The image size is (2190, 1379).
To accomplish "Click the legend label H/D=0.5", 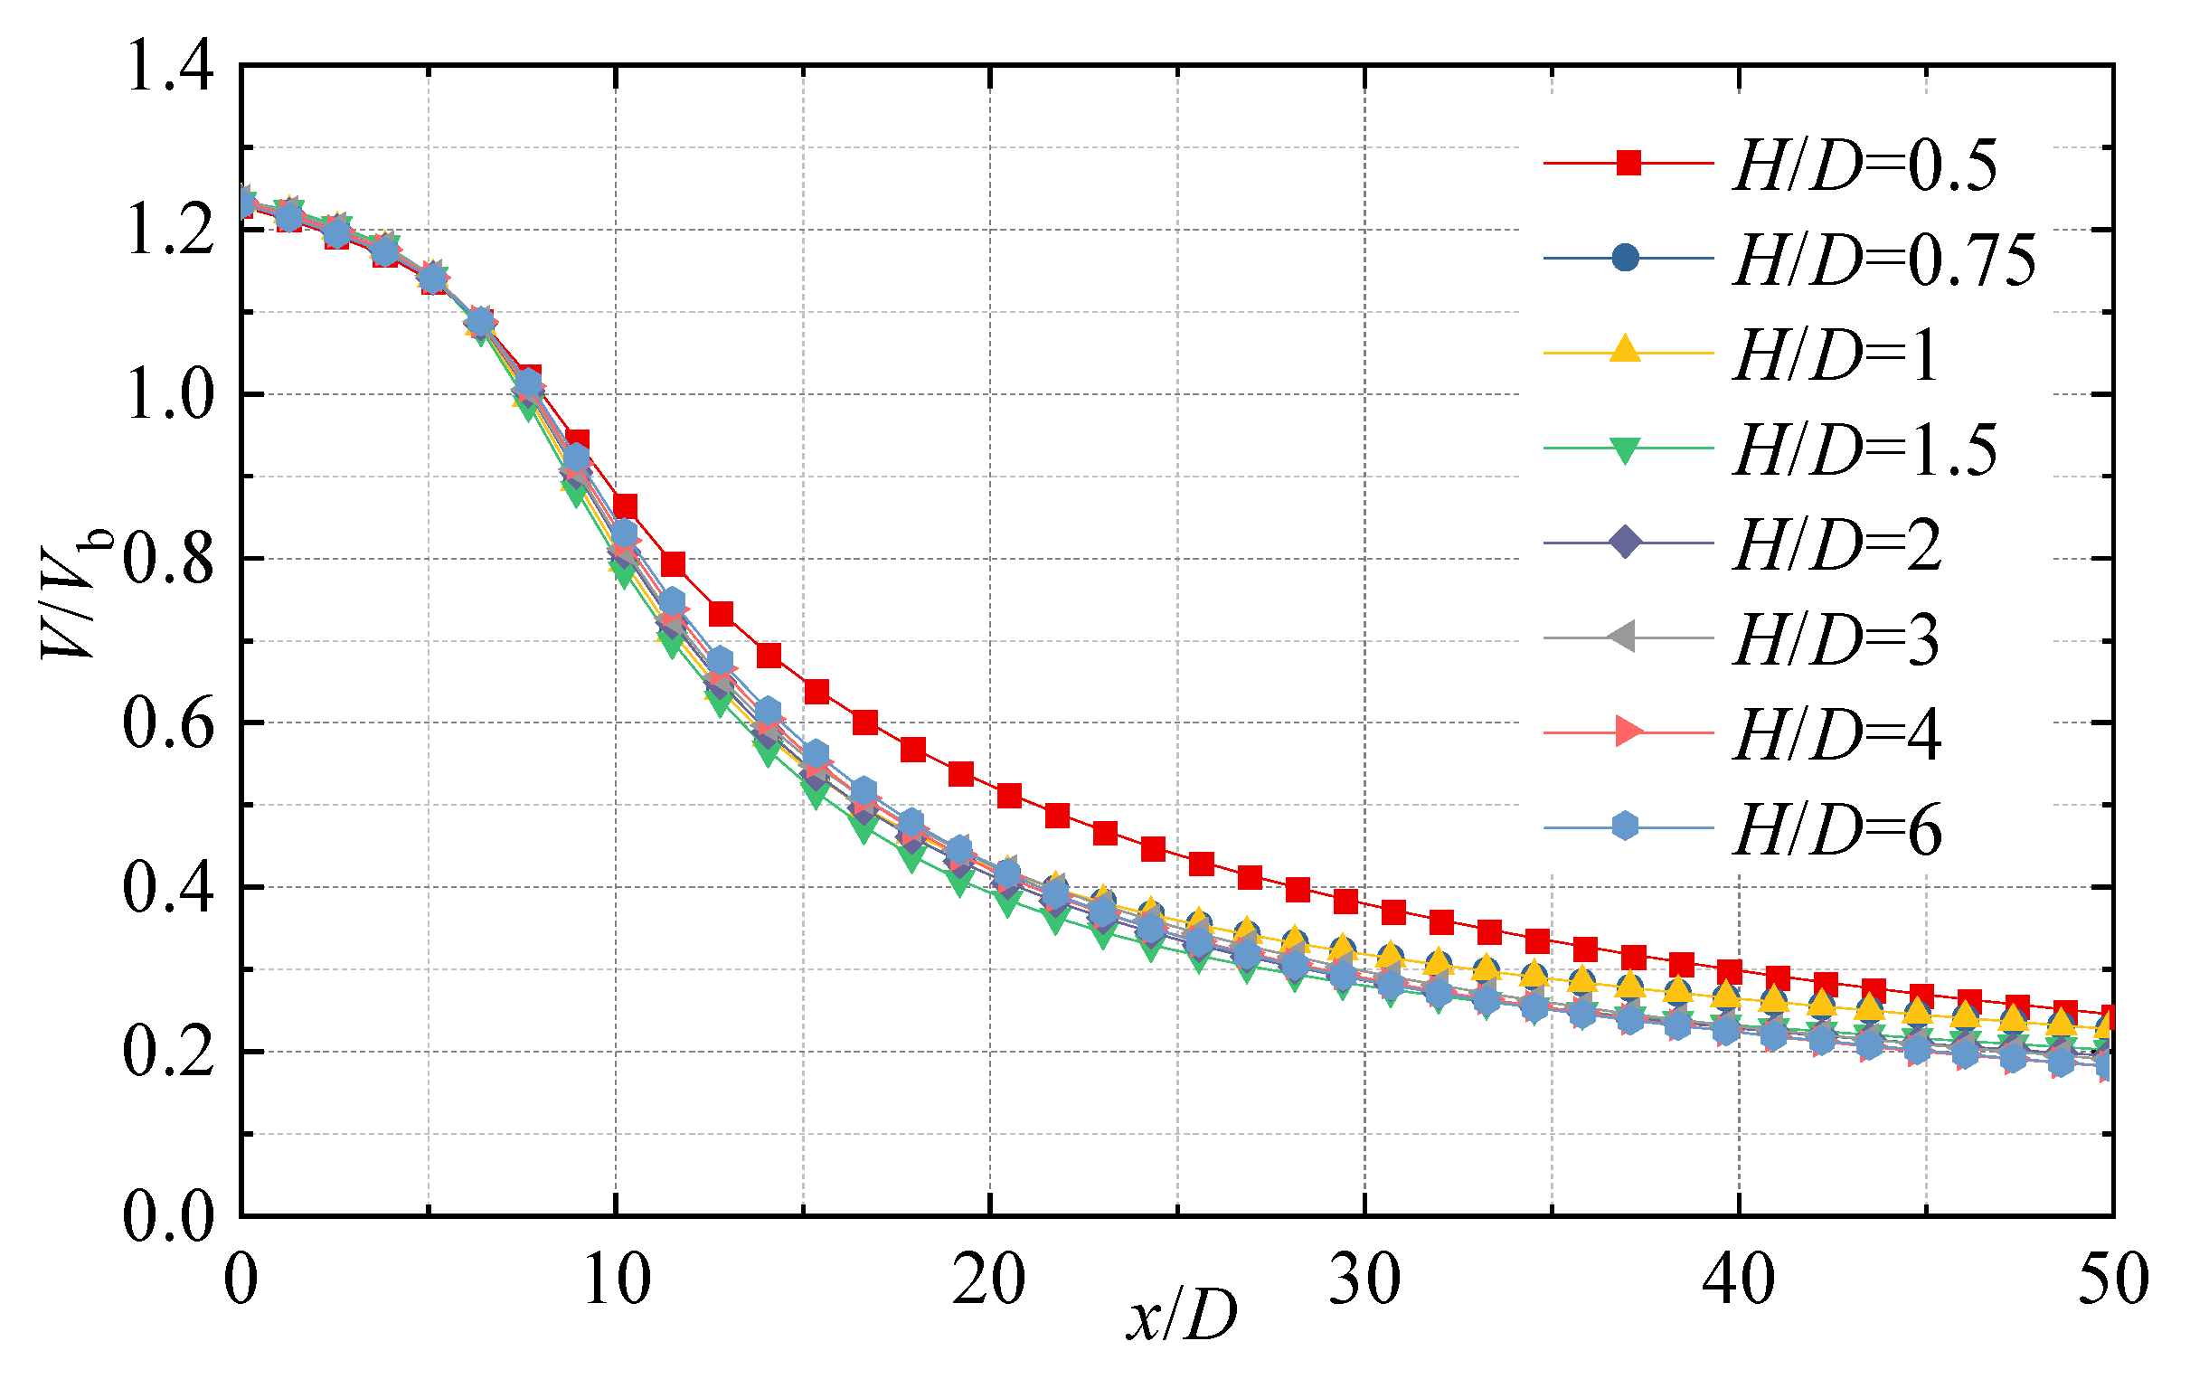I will point(1864,165).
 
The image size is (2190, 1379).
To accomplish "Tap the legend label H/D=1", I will point(1836,355).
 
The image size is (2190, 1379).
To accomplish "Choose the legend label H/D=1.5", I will point(1864,450).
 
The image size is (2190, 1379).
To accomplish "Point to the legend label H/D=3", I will point(1836,640).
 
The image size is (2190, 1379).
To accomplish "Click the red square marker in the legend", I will point(1628,164).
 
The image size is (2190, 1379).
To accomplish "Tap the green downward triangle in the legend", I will point(1625,450).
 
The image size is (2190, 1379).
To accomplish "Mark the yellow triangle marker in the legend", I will point(1625,350).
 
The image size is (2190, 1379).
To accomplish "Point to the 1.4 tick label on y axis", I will point(170,67).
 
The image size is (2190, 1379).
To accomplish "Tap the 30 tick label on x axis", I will point(1364,1280).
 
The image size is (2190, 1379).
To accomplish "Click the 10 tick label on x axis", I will point(617,1280).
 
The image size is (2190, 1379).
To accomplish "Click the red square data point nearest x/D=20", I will point(1009,796).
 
